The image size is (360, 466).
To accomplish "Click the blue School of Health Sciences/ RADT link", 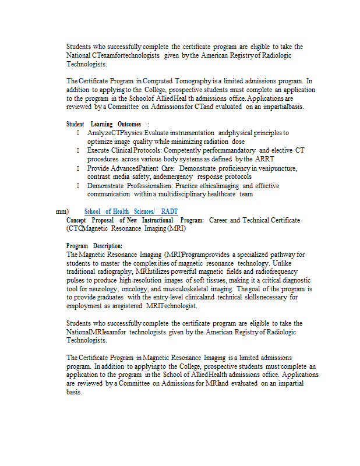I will point(131,211).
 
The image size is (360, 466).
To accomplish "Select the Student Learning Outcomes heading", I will point(104,124).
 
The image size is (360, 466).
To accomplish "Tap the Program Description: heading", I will point(94,246).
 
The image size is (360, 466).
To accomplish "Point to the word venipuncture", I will point(276,168).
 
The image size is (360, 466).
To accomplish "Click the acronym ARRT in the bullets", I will point(264,159).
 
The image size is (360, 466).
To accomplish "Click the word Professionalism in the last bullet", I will point(149,185).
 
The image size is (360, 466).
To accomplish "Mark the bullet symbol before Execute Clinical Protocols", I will point(79,150).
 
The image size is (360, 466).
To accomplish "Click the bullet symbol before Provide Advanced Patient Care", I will point(79,168).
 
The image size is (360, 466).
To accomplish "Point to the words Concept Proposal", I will point(90,220).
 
